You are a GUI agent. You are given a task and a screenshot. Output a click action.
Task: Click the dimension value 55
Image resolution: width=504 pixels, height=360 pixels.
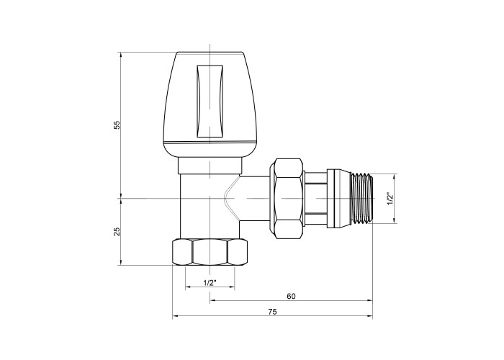[x=117, y=125]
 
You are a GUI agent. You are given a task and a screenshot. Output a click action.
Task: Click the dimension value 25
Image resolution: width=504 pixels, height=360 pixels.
[x=117, y=231]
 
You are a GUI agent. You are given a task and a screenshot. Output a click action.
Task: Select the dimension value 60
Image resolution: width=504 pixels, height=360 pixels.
[x=291, y=296]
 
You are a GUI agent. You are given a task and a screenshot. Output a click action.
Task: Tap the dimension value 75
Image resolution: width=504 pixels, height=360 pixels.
[x=272, y=312]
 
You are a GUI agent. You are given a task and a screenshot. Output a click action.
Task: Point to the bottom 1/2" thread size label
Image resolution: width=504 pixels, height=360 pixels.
[x=210, y=282]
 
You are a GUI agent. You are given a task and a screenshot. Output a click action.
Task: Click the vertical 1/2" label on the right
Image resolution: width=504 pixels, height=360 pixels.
[x=390, y=199]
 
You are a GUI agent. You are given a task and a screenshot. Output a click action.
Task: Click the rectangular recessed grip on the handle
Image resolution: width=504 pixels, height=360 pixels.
[x=210, y=101]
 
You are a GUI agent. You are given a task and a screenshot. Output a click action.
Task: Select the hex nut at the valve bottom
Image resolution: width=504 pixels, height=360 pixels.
[x=210, y=252]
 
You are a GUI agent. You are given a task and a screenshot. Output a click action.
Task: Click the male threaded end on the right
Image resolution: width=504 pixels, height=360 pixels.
[x=362, y=198]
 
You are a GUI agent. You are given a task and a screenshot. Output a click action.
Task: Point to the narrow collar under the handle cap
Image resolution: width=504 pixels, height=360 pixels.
[x=210, y=166]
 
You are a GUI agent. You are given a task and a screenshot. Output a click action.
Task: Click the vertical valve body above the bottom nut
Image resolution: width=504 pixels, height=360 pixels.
[x=210, y=207]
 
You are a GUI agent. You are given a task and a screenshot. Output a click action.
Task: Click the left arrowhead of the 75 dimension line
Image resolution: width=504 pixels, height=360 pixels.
[x=175, y=316]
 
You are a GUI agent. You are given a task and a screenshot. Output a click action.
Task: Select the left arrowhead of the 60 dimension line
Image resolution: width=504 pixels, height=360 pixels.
[x=213, y=300]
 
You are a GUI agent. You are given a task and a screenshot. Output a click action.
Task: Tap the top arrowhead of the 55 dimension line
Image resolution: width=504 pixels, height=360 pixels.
[x=121, y=55]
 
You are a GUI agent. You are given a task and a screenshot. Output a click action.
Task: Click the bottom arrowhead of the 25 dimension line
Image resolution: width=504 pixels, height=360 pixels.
[x=121, y=262]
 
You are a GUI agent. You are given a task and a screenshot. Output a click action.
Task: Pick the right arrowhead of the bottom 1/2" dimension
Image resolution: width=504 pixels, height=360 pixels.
[x=232, y=287]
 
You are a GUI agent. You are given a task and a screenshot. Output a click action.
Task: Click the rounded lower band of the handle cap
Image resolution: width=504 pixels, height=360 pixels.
[x=210, y=150]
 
